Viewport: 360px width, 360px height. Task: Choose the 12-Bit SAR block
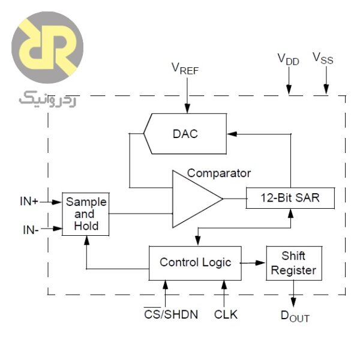tap(290, 197)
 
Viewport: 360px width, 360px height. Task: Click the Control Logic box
tap(195, 262)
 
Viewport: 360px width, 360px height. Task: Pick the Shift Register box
tap(293, 263)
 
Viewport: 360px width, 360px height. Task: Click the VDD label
tap(288, 59)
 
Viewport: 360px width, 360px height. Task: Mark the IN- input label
tap(28, 229)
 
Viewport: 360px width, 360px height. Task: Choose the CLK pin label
tap(226, 314)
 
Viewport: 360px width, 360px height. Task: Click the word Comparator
tap(219, 173)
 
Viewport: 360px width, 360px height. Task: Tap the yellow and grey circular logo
tap(47, 51)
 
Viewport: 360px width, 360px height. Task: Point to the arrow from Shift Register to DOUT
tap(293, 292)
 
